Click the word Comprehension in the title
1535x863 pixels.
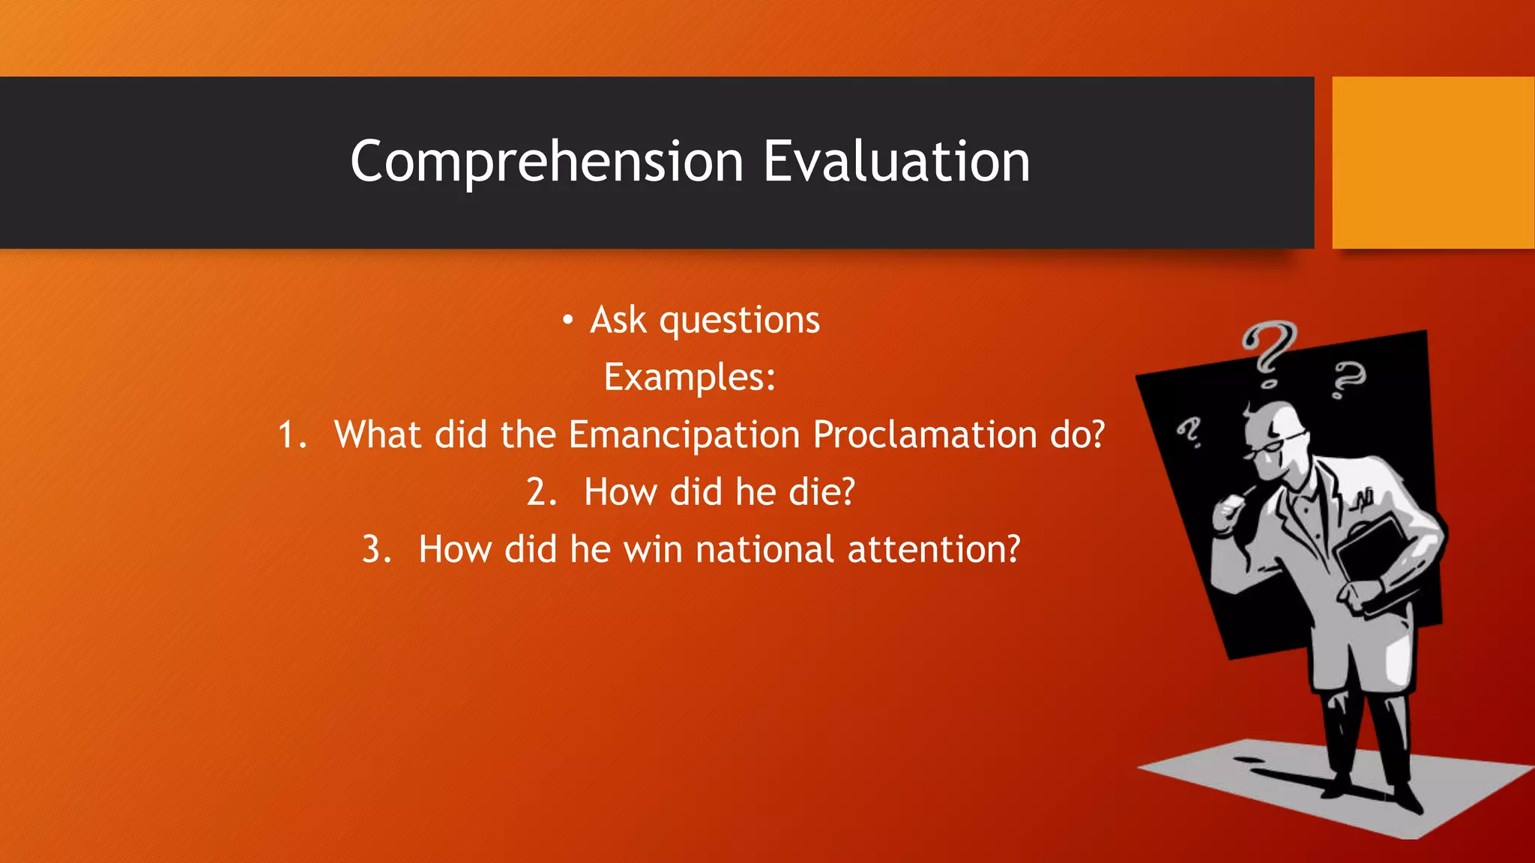(x=546, y=162)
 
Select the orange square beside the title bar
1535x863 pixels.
(x=1432, y=163)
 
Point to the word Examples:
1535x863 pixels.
(x=690, y=377)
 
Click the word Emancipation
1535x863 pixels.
(x=684, y=434)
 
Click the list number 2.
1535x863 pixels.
(x=540, y=493)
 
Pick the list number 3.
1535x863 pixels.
(x=376, y=550)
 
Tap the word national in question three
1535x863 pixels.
(x=764, y=549)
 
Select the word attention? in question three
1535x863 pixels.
(x=934, y=549)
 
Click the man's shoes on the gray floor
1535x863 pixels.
(x=1372, y=794)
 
